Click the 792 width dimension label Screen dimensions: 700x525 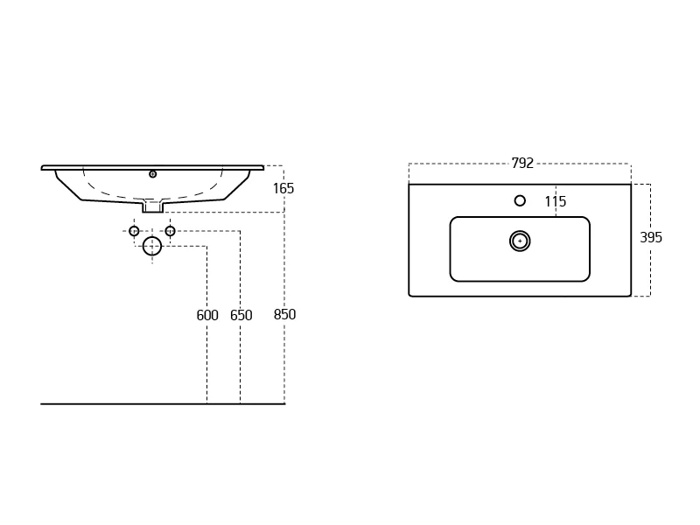coord(522,164)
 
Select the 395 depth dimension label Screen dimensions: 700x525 coord(651,237)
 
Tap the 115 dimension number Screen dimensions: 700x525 coord(556,201)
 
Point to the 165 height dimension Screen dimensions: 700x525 coord(283,188)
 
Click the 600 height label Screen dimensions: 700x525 coord(207,315)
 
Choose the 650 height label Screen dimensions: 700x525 coord(241,315)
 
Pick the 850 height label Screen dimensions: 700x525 coord(284,314)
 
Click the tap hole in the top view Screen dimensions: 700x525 coord(520,201)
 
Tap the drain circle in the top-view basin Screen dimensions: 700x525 coord(520,241)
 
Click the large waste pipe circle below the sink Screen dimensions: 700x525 coord(151,246)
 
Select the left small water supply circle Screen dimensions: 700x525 coord(134,231)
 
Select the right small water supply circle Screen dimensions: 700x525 coord(170,231)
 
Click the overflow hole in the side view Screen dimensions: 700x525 coord(152,174)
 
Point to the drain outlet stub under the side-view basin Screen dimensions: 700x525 coord(152,206)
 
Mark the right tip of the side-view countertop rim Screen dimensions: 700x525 coord(264,167)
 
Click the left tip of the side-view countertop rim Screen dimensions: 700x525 coord(41,168)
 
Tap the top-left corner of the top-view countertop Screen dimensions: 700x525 coord(409,184)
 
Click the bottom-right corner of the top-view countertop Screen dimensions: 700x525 coord(630,296)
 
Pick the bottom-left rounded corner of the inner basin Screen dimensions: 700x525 coord(452,278)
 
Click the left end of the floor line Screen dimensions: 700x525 coord(41,404)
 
